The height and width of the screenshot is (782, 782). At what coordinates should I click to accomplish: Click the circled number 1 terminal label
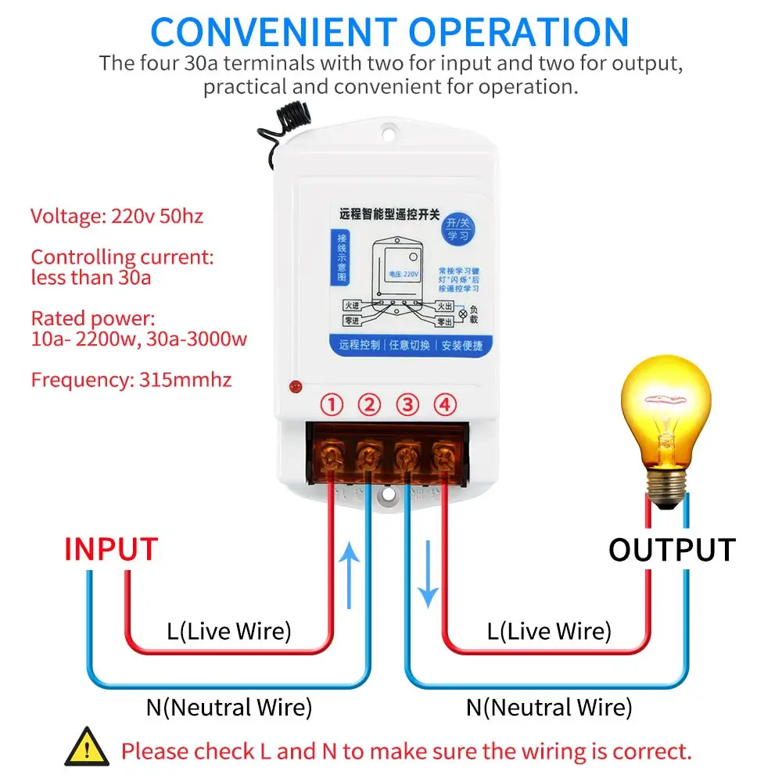pos(333,405)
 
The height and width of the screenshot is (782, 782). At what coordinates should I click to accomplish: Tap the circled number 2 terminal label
pos(370,405)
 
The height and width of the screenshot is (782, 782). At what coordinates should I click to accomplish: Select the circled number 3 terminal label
pos(407,405)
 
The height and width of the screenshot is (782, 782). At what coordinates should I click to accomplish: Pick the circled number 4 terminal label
pos(445,405)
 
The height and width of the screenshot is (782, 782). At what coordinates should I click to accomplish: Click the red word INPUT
pos(111,549)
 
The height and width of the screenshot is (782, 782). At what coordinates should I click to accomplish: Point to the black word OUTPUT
pos(672,550)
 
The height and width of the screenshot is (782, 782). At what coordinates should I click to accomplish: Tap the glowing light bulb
pos(665,422)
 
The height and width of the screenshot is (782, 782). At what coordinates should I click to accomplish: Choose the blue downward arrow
pos(428,586)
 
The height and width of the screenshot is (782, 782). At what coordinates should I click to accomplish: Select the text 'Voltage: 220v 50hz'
pos(117,216)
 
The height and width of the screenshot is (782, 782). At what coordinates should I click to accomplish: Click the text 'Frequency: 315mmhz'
pos(131,380)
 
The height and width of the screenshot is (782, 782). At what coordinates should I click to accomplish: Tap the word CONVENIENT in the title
pos(274,31)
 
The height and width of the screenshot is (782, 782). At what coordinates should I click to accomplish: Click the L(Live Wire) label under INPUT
pos(229,631)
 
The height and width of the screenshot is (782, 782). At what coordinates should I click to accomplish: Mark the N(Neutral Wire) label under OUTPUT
pos(549,708)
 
